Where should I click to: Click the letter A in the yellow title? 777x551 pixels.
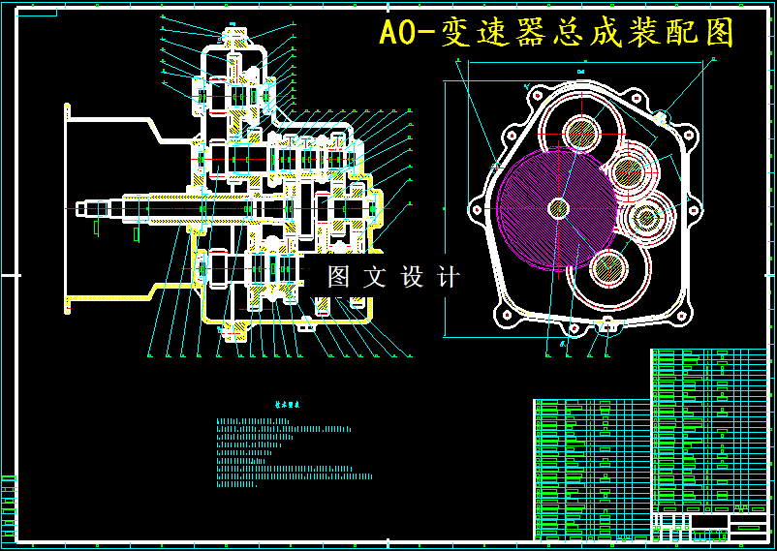pos(389,34)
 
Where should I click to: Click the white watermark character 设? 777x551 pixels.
pos(411,277)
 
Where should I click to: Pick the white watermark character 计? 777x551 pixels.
pos(448,277)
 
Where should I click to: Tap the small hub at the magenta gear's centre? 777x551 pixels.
pos(558,207)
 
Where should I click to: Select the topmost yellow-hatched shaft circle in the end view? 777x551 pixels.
pos(581,132)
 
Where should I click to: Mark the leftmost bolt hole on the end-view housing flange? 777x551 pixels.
pos(476,206)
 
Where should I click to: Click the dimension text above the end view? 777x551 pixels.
pos(580,71)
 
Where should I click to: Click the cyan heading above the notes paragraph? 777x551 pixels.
pos(284,406)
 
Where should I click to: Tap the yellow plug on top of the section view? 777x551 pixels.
pos(236,35)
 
